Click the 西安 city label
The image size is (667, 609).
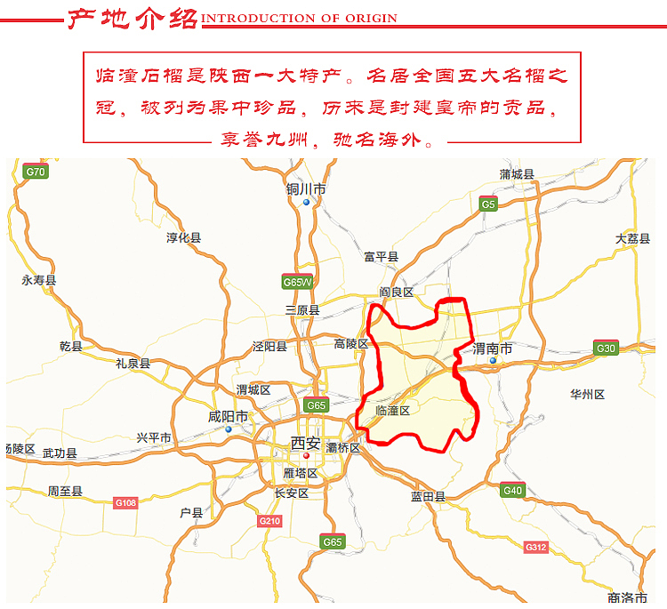305,443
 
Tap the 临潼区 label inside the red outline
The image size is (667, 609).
392,411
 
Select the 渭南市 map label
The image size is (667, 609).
493,349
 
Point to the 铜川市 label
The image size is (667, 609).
306,189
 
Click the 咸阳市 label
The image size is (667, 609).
228,416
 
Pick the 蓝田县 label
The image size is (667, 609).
428,497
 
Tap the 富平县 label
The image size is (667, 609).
381,257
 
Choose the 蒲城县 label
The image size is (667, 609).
517,174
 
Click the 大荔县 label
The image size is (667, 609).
632,239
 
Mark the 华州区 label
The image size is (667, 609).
587,394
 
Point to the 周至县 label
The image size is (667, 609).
65,491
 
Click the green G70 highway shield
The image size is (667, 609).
36,172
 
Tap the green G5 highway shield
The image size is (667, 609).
487,204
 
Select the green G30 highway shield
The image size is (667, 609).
606,349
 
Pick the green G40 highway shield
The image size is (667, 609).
512,490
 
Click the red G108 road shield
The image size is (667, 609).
125,503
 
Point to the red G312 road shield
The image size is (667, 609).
535,547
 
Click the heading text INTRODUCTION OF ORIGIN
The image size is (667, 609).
300,18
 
